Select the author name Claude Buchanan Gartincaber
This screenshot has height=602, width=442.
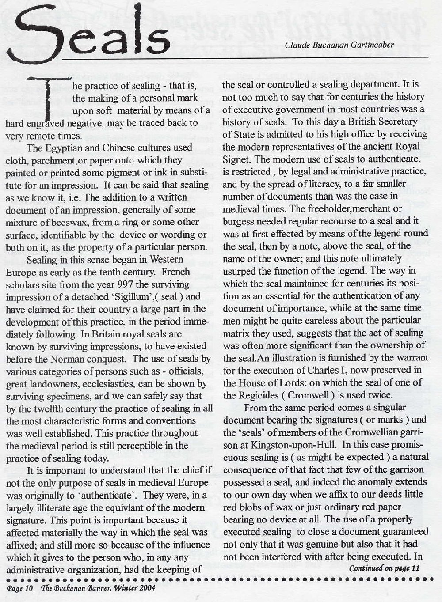pos(339,45)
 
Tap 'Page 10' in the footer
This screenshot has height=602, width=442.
pos(20,587)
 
